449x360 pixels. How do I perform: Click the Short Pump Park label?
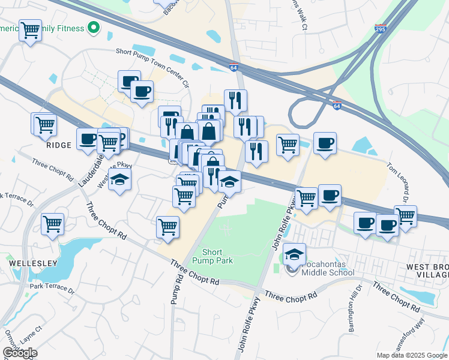click(217, 256)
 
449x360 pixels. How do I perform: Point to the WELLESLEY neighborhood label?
click(33, 263)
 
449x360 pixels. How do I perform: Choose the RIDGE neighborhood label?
click(59, 145)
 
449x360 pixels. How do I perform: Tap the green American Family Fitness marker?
click(93, 27)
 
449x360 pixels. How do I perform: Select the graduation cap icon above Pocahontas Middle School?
click(294, 254)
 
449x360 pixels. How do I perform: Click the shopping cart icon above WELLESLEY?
click(52, 224)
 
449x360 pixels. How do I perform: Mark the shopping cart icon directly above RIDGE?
click(44, 124)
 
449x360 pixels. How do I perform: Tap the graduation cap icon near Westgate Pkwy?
click(119, 179)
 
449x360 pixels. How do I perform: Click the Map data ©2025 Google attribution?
click(411, 355)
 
